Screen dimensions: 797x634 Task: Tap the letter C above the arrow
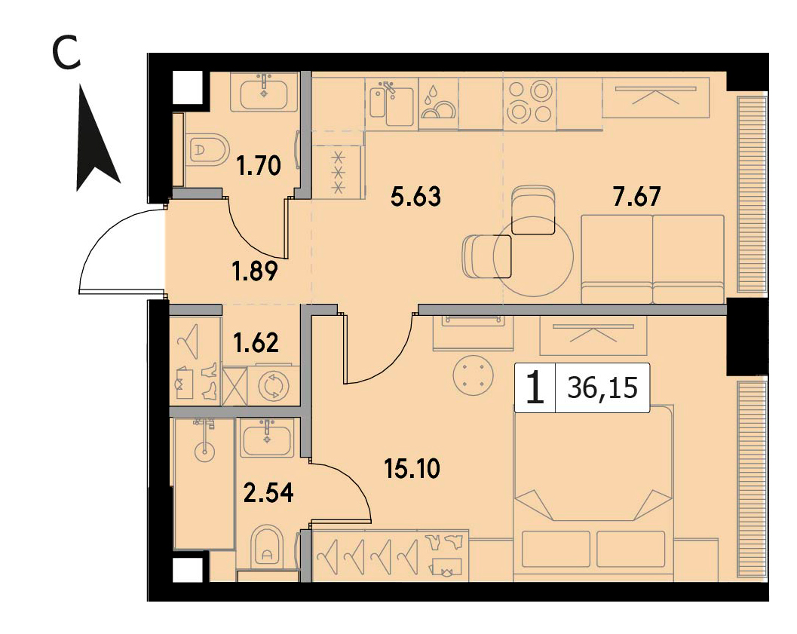(67, 54)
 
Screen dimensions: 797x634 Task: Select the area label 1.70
(259, 166)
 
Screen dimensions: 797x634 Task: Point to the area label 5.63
(415, 197)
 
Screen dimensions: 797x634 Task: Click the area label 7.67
(637, 197)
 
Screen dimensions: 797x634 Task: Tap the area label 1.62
(256, 344)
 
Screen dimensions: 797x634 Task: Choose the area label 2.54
(269, 493)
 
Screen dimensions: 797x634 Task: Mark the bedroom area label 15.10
(412, 469)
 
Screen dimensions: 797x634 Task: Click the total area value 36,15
(602, 389)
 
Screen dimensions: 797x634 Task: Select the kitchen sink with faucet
(391, 103)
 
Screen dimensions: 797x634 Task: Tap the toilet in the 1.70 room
(207, 149)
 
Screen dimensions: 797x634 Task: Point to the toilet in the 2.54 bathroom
(268, 548)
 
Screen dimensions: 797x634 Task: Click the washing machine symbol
(274, 386)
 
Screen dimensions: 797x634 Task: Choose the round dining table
(533, 256)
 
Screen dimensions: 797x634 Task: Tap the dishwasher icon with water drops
(438, 103)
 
